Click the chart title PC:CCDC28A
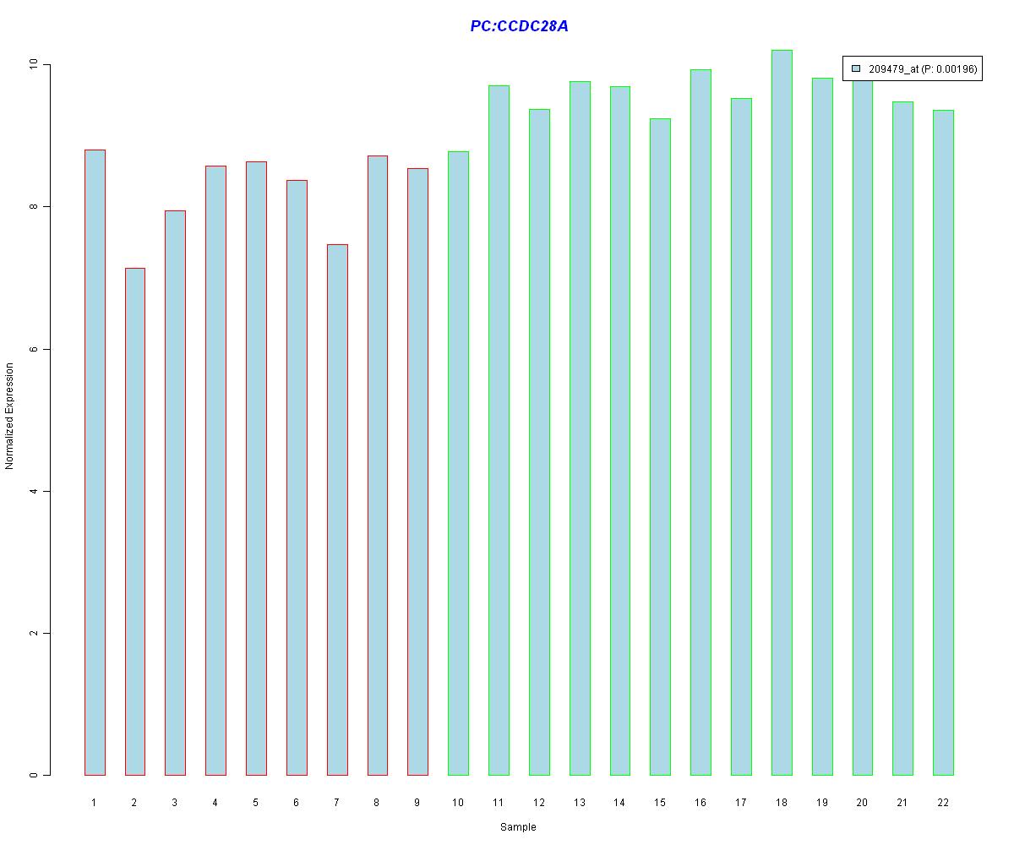[x=519, y=26]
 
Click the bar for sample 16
[x=701, y=422]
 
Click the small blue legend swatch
[x=856, y=68]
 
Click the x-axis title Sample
[x=518, y=827]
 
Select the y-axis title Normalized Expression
[x=10, y=416]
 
